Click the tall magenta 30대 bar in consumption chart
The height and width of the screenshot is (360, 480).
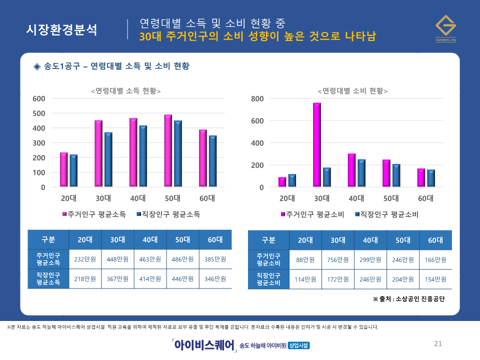point(317,145)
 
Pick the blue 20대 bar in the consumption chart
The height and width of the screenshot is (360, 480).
point(292,180)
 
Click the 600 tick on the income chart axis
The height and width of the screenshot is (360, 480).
point(38,98)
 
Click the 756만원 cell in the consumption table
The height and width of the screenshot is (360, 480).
point(338,260)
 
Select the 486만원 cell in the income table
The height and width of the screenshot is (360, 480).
point(182,259)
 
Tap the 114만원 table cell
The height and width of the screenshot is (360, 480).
point(305,279)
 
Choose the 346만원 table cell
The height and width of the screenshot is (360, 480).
point(215,279)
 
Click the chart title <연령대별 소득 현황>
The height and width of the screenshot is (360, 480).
point(125,91)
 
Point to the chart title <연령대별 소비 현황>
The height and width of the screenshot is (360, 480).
point(352,91)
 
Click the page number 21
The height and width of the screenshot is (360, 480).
point(438,343)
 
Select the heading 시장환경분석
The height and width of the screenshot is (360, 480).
point(61,29)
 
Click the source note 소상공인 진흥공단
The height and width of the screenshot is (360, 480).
point(408,299)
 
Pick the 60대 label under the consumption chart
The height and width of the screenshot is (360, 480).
point(425,198)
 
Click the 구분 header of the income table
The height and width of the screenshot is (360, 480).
point(48,239)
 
